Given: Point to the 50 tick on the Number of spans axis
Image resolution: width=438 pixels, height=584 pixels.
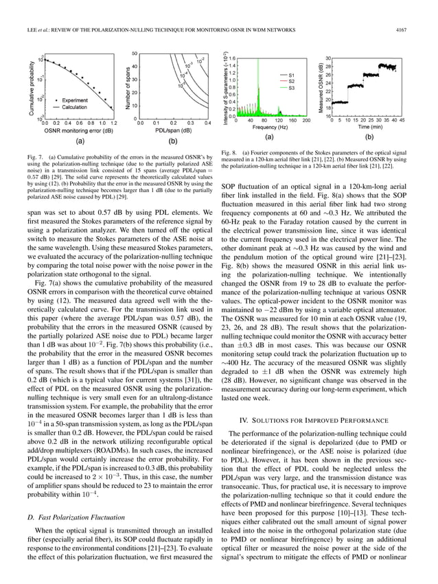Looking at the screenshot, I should pyautogui.click(x=135, y=53).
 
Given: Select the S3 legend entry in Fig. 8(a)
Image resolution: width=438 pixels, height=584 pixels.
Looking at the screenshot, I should pyautogui.click(x=292, y=88).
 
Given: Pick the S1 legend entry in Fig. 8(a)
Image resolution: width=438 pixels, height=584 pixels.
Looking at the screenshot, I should pyautogui.click(x=292, y=74).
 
